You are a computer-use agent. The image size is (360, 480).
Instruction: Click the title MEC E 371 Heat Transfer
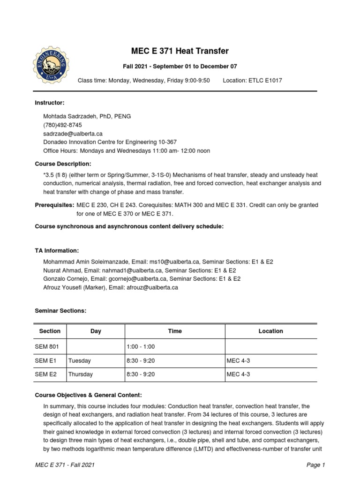coord(180,51)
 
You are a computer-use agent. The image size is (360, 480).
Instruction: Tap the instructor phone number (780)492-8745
coord(62,125)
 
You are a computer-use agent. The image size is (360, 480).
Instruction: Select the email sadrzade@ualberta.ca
coord(73,134)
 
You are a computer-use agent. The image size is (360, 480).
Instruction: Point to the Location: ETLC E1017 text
coord(252,81)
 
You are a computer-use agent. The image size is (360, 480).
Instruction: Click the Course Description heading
coord(63,164)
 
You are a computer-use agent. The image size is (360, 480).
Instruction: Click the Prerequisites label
coord(54,205)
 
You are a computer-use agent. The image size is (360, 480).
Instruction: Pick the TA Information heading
coord(57,251)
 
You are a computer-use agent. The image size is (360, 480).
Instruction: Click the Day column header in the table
coord(96,331)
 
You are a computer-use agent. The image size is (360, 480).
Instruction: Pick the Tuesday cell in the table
coord(80,361)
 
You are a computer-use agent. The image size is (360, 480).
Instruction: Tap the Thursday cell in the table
coord(81,375)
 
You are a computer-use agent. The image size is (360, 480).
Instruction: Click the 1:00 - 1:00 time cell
coord(141,346)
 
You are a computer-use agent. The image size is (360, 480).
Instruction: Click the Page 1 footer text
coord(315,465)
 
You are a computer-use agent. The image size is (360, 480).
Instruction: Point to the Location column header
coord(270,331)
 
